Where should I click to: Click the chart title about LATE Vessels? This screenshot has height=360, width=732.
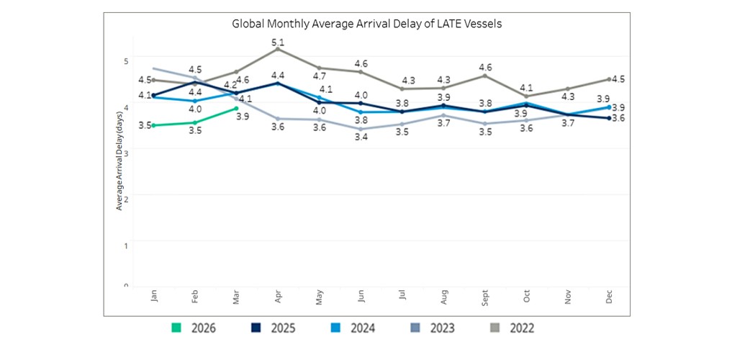tap(366, 24)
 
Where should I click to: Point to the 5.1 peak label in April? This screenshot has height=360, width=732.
tap(278, 42)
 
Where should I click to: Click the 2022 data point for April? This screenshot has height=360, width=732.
tap(278, 49)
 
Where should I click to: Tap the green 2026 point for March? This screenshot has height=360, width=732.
tap(236, 108)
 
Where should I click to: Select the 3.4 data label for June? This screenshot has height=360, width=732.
tap(361, 137)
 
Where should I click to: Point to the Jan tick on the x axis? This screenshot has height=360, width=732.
tap(154, 296)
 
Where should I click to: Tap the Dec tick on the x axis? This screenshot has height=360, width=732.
tap(609, 296)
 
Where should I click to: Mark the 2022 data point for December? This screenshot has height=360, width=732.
tap(609, 79)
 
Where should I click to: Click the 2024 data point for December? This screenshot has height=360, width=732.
tap(609, 107)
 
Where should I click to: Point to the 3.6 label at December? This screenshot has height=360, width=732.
tap(618, 118)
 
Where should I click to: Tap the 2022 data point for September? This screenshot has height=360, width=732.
tap(485, 75)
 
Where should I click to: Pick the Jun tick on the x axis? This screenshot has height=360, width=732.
tap(361, 296)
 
